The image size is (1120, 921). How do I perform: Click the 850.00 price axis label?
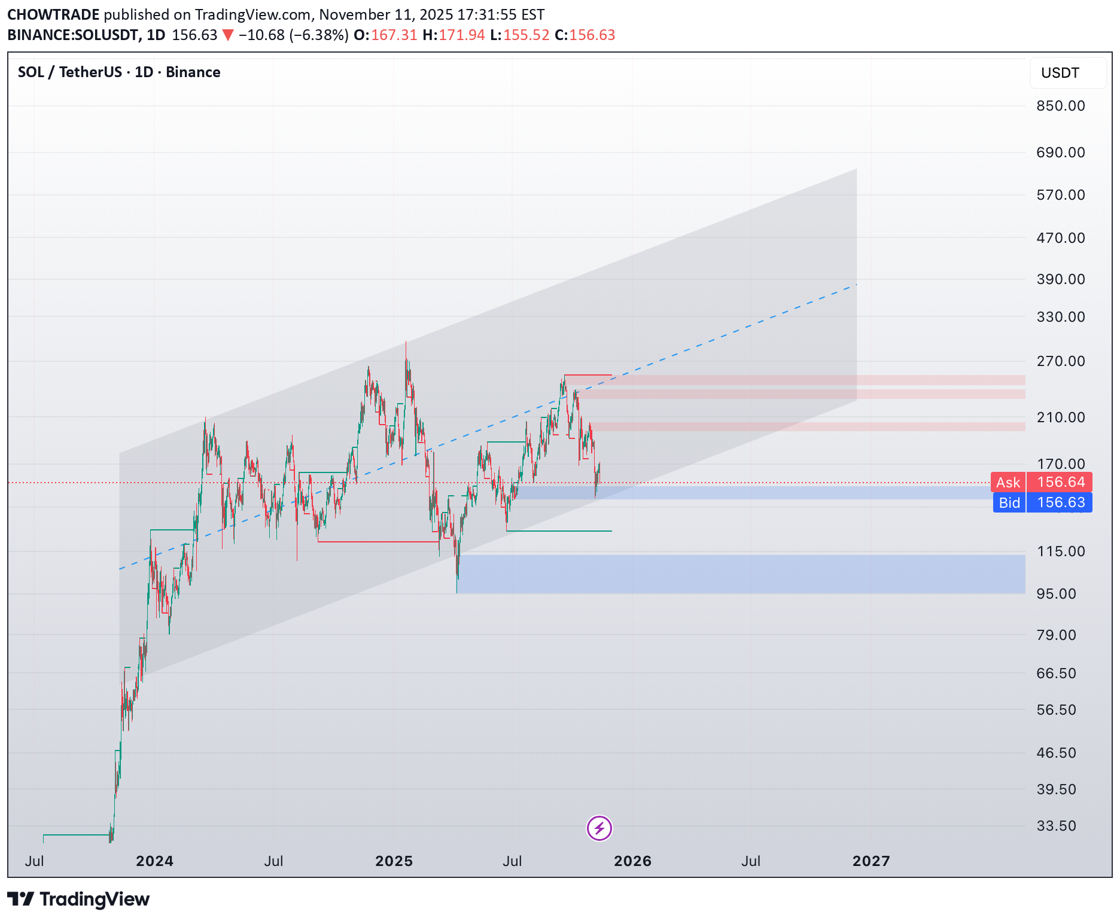[x=1060, y=106]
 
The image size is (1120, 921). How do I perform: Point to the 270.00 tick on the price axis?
[x=1060, y=361]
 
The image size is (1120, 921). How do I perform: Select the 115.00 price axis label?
[x=1060, y=551]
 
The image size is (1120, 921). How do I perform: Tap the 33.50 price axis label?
[x=1056, y=826]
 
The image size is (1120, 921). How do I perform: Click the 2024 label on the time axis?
[x=154, y=861]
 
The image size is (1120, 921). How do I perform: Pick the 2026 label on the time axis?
[x=632, y=861]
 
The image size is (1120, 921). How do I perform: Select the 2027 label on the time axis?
[x=871, y=861]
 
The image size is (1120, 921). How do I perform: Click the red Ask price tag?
[x=1041, y=482]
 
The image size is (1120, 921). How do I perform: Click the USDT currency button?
[x=1060, y=73]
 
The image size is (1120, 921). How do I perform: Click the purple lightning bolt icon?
[x=599, y=828]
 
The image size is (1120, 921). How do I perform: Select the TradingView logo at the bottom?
[x=78, y=899]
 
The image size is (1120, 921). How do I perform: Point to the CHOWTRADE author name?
[x=53, y=14]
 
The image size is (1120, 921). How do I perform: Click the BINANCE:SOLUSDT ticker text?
[x=73, y=35]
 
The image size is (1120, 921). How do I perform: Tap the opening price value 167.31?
[x=394, y=35]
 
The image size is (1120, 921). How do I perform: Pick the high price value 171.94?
[x=461, y=35]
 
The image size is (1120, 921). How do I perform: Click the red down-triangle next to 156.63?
[x=228, y=35]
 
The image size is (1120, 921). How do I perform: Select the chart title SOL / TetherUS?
[x=69, y=72]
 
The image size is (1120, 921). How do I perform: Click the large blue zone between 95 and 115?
[x=741, y=574]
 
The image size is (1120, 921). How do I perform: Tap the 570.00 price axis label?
[x=1060, y=195]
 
